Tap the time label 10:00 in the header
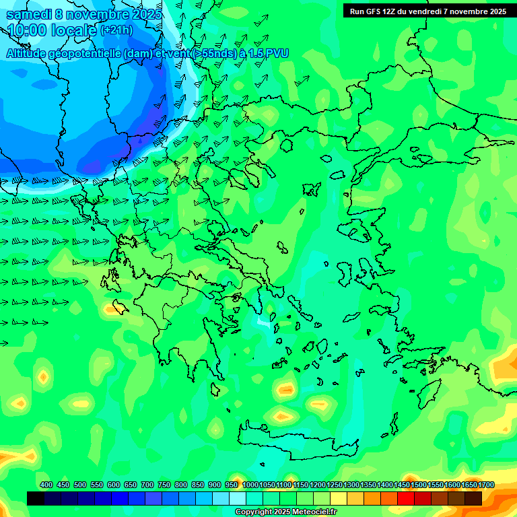[27, 30]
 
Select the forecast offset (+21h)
[116, 30]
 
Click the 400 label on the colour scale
[46, 485]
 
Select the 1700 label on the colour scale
[486, 485]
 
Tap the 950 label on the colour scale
[232, 485]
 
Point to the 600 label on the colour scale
[113, 485]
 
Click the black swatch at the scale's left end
[36, 498]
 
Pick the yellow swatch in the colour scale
[339, 498]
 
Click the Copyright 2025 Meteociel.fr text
[285, 512]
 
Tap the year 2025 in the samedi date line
[146, 14]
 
